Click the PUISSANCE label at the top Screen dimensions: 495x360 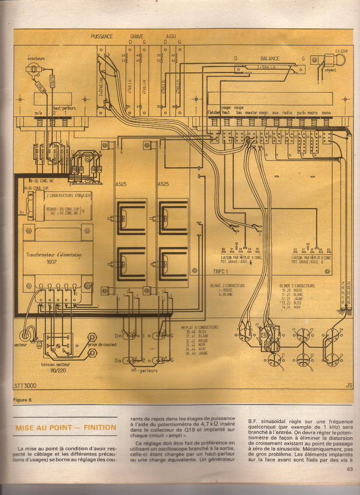[102, 36]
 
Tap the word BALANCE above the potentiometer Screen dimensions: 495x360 [270, 59]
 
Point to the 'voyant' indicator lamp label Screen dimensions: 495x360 [330, 70]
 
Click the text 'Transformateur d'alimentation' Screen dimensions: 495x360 [54, 255]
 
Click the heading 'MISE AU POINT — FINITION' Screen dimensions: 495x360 [66, 428]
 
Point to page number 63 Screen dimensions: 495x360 [350, 468]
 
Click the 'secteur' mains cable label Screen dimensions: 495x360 [20, 344]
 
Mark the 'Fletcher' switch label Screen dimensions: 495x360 [214, 112]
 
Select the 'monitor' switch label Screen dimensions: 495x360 [251, 112]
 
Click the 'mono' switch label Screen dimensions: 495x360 [326, 112]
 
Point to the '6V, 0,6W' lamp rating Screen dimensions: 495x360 [341, 51]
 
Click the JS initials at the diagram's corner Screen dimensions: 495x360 [349, 386]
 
